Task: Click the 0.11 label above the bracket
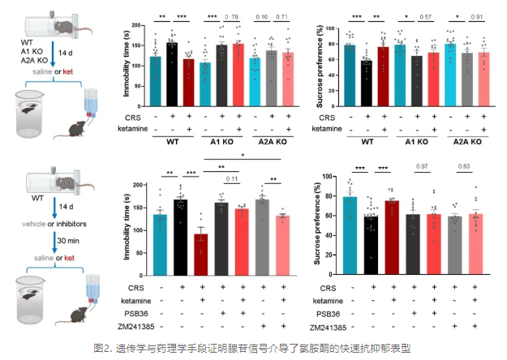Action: (231, 179)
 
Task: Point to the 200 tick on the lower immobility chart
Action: (134, 177)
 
